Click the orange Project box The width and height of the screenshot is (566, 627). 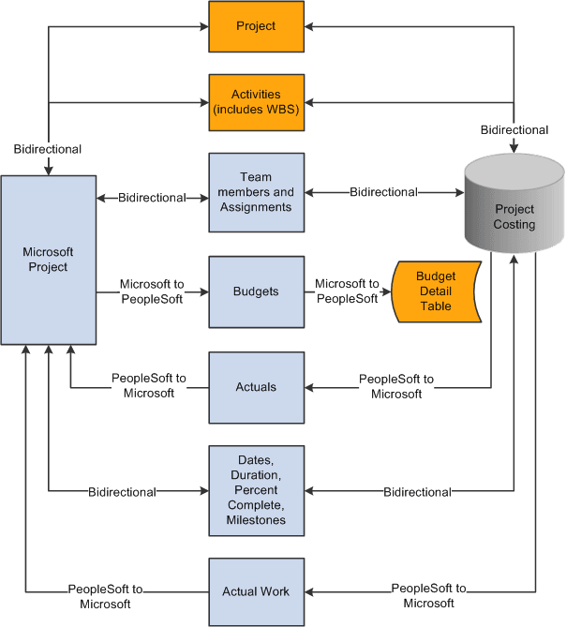(x=256, y=26)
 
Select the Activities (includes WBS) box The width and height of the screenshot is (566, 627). (x=256, y=102)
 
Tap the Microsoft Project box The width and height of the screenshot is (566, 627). (x=48, y=260)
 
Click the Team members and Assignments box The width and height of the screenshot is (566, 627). (x=256, y=192)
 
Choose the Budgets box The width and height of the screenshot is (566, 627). (x=256, y=291)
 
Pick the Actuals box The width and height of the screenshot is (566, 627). (x=256, y=386)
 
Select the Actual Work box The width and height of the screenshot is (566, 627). (x=256, y=591)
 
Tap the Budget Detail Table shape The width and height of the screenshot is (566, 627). (x=436, y=291)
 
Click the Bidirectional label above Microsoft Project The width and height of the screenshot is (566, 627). (x=48, y=149)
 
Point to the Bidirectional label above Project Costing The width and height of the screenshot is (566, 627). (x=514, y=129)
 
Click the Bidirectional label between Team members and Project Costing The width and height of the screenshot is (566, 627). (x=384, y=192)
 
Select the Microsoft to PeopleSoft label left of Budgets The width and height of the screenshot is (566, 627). (x=152, y=291)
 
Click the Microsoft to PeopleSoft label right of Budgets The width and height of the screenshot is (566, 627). (x=347, y=291)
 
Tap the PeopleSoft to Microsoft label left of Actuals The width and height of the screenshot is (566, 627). (x=149, y=386)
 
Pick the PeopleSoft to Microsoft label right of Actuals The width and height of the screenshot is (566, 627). (x=395, y=386)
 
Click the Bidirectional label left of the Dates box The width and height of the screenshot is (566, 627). (x=122, y=491)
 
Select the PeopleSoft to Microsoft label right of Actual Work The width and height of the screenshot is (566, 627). (x=428, y=596)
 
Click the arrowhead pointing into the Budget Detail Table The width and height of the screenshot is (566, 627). (x=385, y=291)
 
